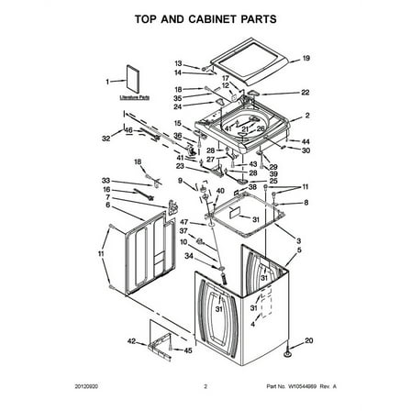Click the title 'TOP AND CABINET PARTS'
click(205, 18)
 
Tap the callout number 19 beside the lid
click(305, 59)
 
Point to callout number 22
click(305, 93)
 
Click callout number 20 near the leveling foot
click(307, 340)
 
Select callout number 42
click(130, 341)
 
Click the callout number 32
click(106, 139)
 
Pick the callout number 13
click(178, 63)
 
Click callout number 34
click(189, 258)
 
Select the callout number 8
click(305, 202)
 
